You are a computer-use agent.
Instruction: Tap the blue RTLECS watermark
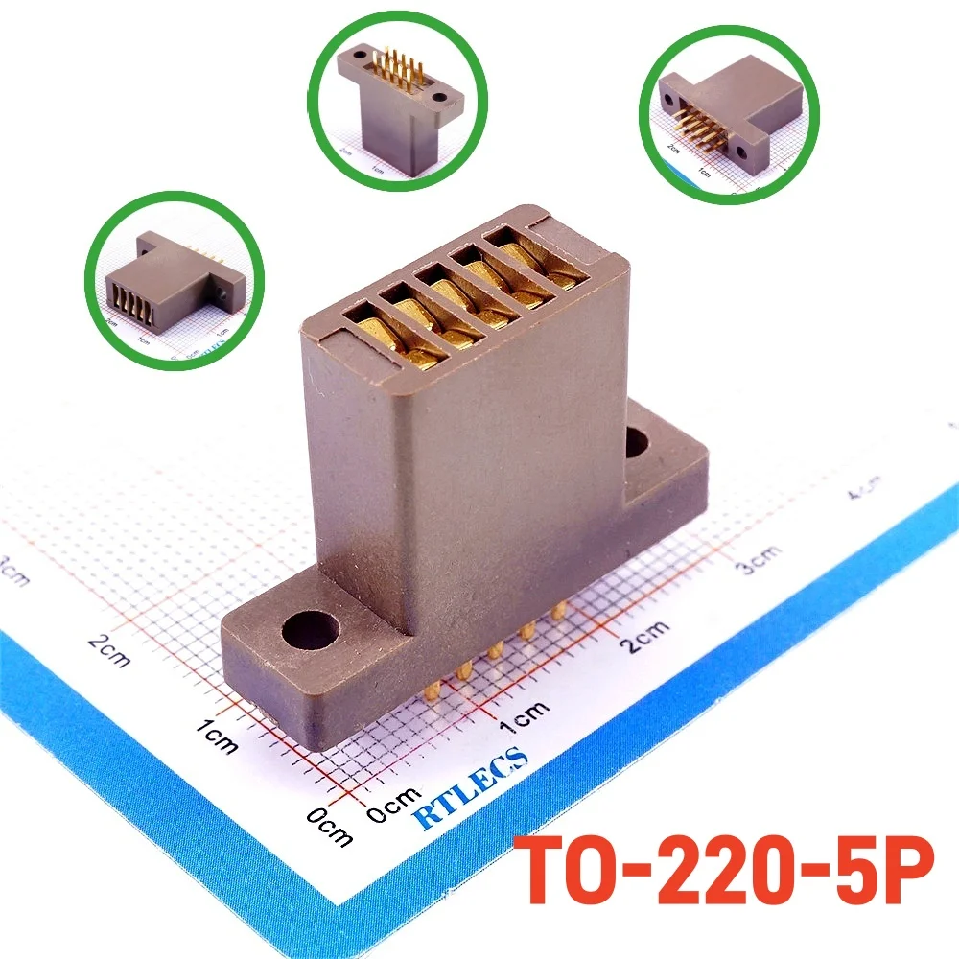click(471, 786)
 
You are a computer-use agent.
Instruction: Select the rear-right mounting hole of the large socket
click(639, 443)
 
